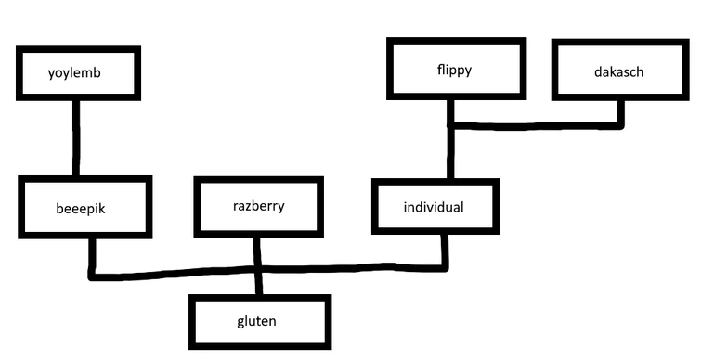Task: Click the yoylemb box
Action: [77, 73]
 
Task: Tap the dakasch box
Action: [618, 70]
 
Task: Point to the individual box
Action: [433, 205]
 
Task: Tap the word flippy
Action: [454, 70]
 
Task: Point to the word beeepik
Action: [81, 209]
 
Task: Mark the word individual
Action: [433, 206]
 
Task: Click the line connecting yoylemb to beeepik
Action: [76, 139]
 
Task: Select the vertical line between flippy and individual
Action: [451, 153]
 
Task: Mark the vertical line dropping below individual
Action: [447, 251]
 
